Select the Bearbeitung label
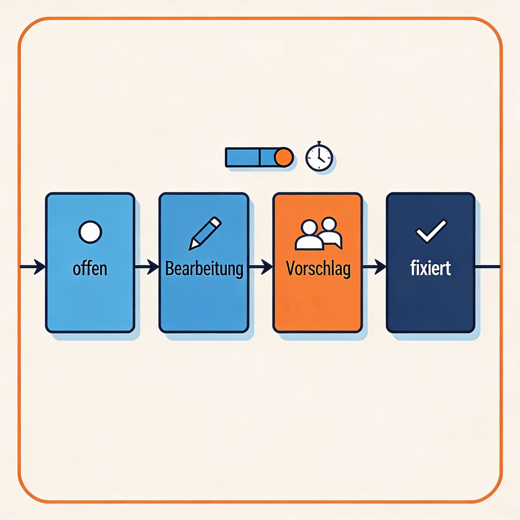click(x=204, y=269)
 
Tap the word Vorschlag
click(x=318, y=269)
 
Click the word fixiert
click(x=430, y=268)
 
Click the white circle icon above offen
click(x=90, y=232)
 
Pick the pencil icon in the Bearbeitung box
click(x=205, y=233)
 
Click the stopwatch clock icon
click(x=319, y=158)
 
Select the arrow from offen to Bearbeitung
click(x=147, y=267)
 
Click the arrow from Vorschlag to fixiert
click(x=375, y=267)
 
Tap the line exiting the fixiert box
click(x=487, y=267)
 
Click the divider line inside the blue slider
click(x=260, y=157)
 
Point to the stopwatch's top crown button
click(x=319, y=143)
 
